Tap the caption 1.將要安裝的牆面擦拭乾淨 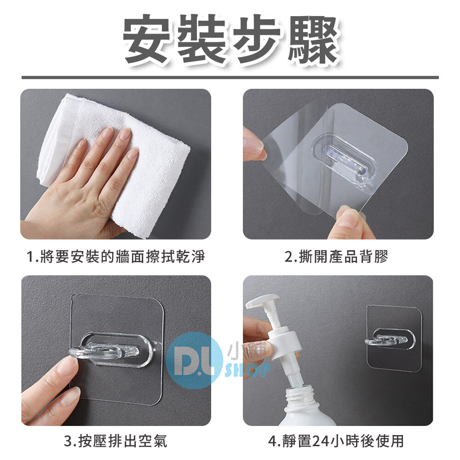[x=115, y=256]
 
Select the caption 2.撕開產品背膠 [x=336, y=256]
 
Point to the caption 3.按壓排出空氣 [x=115, y=441]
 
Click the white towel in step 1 [x=117, y=164]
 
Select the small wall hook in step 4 [x=387, y=340]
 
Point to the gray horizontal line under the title [x=230, y=77]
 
